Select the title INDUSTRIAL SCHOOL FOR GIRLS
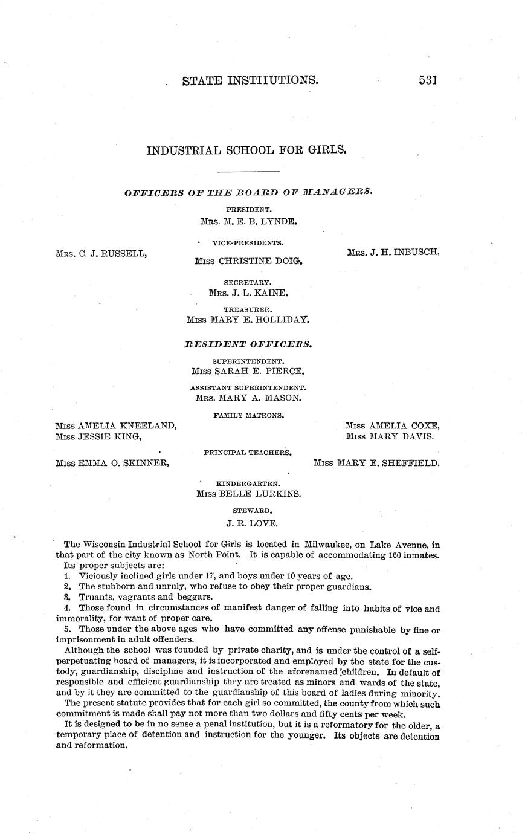[x=246, y=149]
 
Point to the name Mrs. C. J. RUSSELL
[x=101, y=254]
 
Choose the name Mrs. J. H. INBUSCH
[x=393, y=253]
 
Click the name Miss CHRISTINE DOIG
[x=248, y=262]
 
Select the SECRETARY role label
[x=248, y=282]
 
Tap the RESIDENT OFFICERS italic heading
[x=248, y=344]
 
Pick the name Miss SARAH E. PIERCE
[x=248, y=371]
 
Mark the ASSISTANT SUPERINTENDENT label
[x=248, y=387]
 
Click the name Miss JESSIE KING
[x=98, y=436]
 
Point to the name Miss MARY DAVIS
[x=390, y=436]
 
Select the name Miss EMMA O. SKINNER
[x=112, y=464]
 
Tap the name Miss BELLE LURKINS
[x=249, y=494]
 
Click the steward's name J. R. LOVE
[x=248, y=523]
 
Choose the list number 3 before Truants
[x=67, y=596]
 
